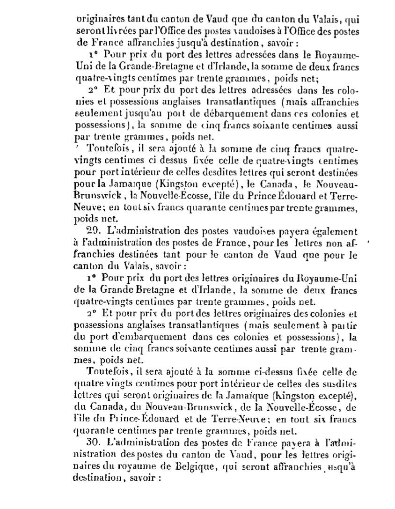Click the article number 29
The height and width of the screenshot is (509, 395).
pyautogui.click(x=93, y=231)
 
